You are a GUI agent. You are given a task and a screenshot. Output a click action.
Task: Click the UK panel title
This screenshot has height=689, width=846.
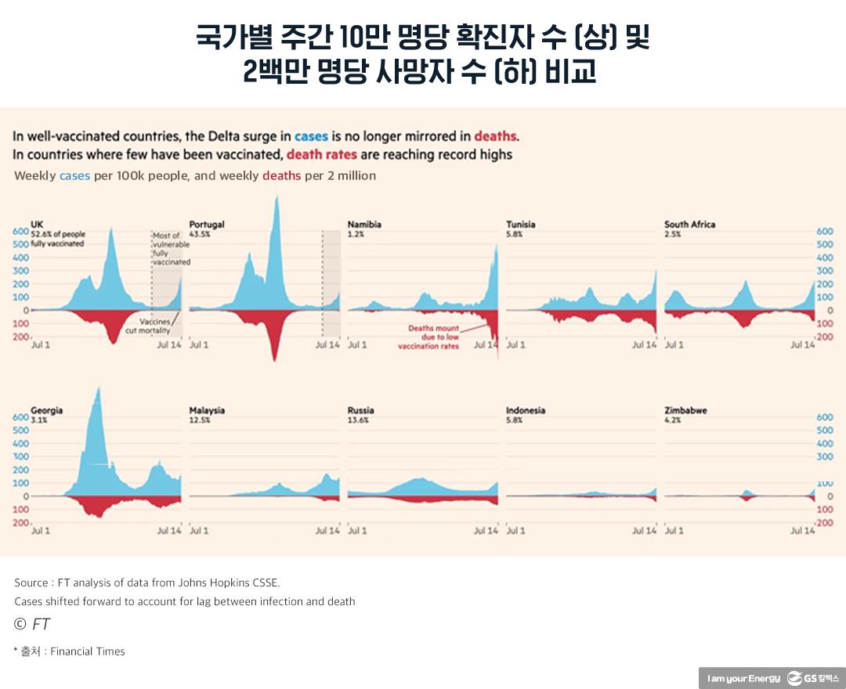pyautogui.click(x=37, y=225)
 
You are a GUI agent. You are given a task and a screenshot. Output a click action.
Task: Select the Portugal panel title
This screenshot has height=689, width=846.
pyautogui.click(x=207, y=225)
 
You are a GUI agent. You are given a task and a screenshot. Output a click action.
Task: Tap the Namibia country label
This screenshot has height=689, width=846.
pyautogui.click(x=364, y=225)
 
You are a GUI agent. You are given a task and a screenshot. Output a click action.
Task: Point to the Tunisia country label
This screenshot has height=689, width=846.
pyautogui.click(x=521, y=225)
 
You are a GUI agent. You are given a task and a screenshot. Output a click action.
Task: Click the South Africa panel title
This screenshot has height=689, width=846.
pyautogui.click(x=689, y=225)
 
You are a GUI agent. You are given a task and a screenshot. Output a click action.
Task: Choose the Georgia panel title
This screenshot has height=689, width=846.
pyautogui.click(x=47, y=410)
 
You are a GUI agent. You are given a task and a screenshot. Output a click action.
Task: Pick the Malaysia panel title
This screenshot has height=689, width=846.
pyautogui.click(x=207, y=410)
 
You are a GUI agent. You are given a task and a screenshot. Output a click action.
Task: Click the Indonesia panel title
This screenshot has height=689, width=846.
pyautogui.click(x=526, y=410)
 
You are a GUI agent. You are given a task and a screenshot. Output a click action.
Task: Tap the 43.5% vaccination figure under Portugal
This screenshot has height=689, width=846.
pyautogui.click(x=200, y=234)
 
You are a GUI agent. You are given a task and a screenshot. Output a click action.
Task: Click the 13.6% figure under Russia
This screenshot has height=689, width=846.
pyautogui.click(x=358, y=420)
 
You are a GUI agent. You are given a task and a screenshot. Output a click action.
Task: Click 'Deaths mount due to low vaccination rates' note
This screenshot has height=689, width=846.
pyautogui.click(x=428, y=337)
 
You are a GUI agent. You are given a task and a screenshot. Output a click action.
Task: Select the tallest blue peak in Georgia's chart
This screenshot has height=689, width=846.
pyautogui.click(x=97, y=389)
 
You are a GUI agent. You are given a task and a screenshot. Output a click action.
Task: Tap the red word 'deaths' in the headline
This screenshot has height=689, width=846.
pyautogui.click(x=495, y=135)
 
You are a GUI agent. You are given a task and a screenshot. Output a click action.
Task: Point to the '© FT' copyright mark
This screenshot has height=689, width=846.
pyautogui.click(x=32, y=624)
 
